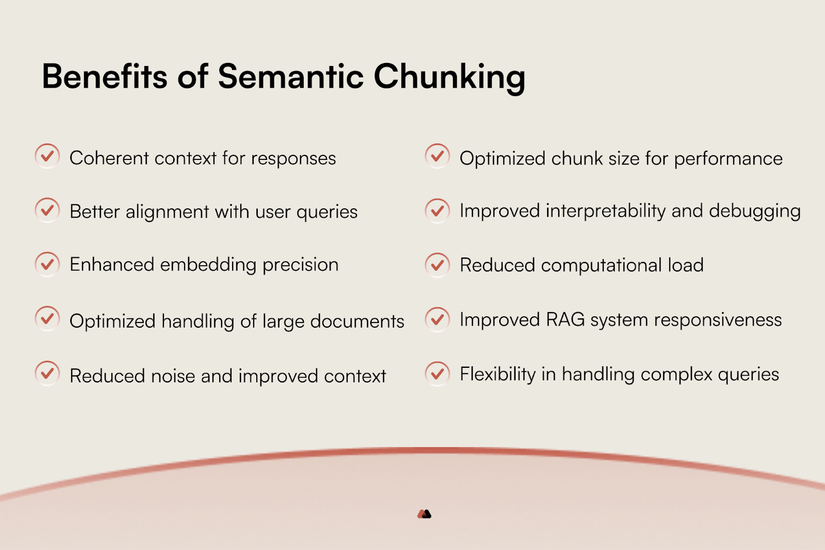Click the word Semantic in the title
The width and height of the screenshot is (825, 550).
[291, 76]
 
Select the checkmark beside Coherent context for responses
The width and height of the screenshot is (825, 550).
[47, 156]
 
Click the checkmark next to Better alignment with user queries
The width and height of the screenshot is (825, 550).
[47, 210]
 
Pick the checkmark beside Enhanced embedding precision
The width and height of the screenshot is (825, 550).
[47, 264]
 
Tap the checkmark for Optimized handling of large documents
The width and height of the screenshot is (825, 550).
[47, 318]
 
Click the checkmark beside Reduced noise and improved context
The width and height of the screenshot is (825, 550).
[47, 373]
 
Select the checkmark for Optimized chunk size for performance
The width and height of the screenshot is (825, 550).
[437, 156]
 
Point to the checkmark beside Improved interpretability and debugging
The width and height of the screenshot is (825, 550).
[437, 211]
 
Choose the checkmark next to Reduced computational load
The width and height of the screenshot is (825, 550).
[437, 265]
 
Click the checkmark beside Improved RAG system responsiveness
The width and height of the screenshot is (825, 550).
[437, 319]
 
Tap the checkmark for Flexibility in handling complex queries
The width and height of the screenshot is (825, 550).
[437, 374]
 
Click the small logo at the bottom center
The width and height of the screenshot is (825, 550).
[424, 514]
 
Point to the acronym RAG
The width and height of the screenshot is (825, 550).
[565, 319]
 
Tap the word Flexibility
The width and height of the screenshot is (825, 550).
[498, 374]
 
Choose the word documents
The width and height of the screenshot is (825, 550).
[357, 321]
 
